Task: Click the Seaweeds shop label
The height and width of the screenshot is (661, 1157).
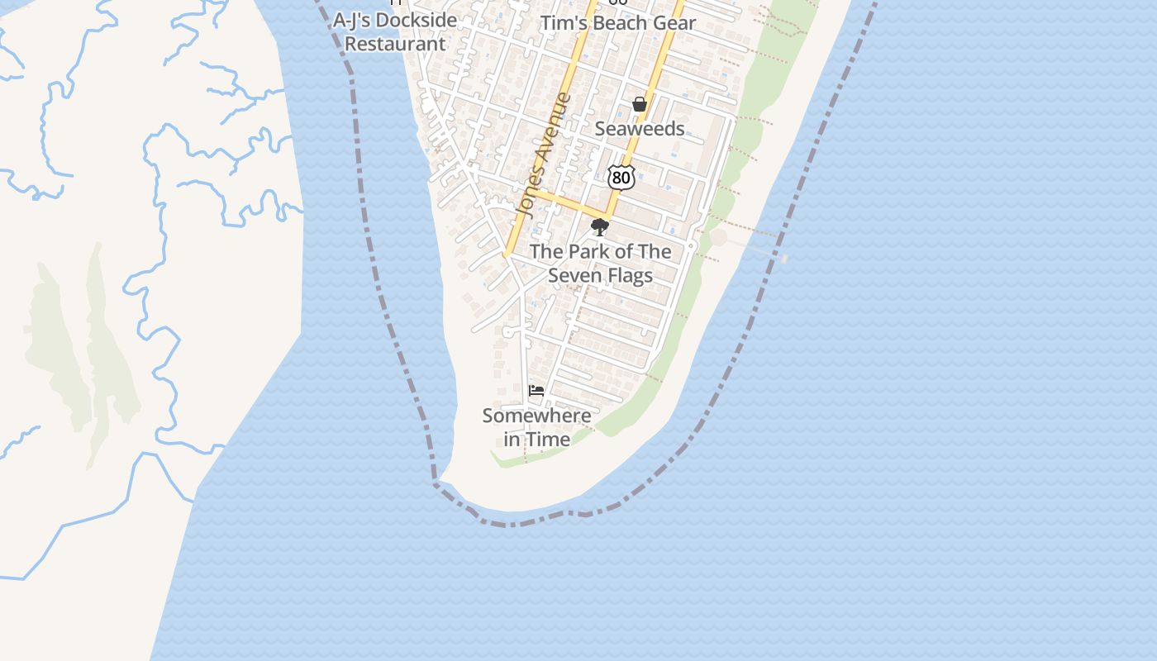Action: tap(640, 129)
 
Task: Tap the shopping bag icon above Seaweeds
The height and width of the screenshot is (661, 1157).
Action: tap(639, 104)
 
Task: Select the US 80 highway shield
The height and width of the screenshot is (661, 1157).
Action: tap(621, 177)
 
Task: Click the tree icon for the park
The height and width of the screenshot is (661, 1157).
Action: tap(600, 226)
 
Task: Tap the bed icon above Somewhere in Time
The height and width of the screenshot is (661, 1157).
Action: tap(536, 390)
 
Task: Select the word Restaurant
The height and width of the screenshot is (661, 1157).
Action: tap(395, 44)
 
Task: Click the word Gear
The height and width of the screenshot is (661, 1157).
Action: tap(674, 23)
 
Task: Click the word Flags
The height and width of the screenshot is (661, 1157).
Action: tap(629, 275)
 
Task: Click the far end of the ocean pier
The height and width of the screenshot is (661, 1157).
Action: tap(783, 259)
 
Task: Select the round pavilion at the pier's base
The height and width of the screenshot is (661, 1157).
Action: tap(718, 238)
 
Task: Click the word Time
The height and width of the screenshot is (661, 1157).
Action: tap(549, 440)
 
